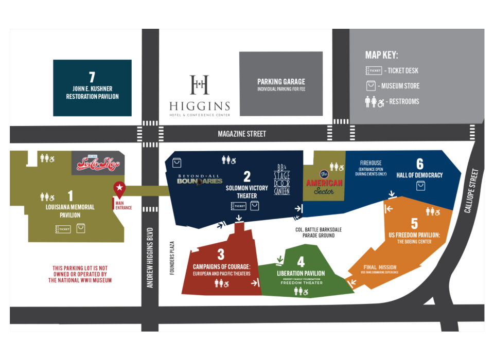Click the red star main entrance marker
(x=119, y=188)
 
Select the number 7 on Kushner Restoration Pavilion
(x=92, y=78)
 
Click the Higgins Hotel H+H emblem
(x=199, y=85)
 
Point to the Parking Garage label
(x=281, y=82)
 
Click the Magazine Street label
(x=242, y=134)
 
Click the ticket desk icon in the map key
(x=374, y=70)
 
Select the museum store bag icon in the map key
(x=371, y=86)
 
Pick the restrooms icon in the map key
(x=374, y=101)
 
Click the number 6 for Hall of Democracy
(x=420, y=164)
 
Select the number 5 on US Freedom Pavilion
(x=414, y=224)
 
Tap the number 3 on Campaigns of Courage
(x=221, y=254)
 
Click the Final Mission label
(x=380, y=267)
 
